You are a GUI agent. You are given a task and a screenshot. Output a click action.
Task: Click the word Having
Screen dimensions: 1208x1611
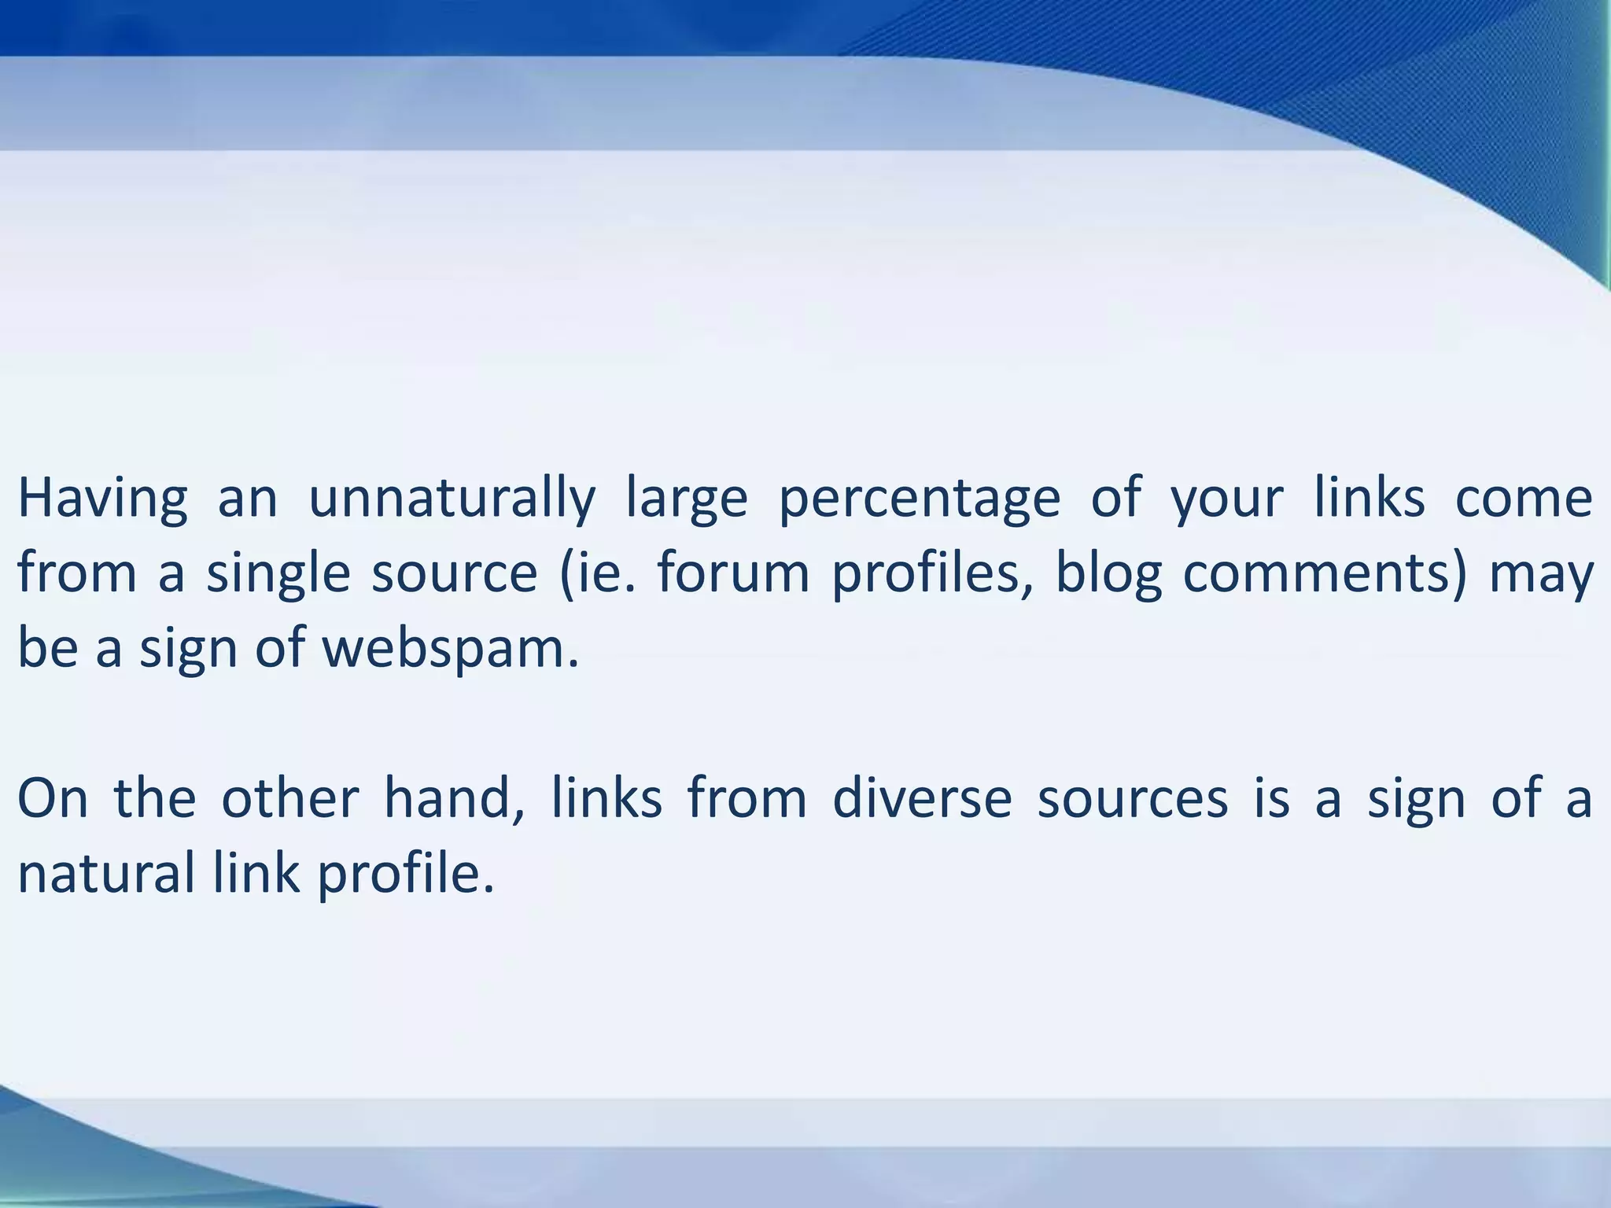pyautogui.click(x=102, y=499)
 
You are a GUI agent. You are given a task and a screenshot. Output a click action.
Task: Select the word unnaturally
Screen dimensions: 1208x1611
pyautogui.click(x=452, y=499)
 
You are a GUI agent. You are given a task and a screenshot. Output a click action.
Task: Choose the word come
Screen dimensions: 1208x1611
pyautogui.click(x=1524, y=499)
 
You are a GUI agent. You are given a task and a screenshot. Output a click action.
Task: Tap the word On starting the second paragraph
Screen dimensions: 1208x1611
pyautogui.click(x=52, y=798)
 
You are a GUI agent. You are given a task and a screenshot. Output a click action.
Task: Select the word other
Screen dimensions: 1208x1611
pyautogui.click(x=289, y=798)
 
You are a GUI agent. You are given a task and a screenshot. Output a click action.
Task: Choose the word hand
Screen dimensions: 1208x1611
pyautogui.click(x=452, y=800)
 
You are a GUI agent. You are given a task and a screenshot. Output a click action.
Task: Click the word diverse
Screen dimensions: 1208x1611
pyautogui.click(x=921, y=798)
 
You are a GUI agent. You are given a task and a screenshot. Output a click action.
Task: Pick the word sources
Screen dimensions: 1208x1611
pyautogui.click(x=1132, y=800)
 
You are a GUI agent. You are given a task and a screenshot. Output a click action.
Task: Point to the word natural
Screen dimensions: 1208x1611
pyautogui.click(x=105, y=874)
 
